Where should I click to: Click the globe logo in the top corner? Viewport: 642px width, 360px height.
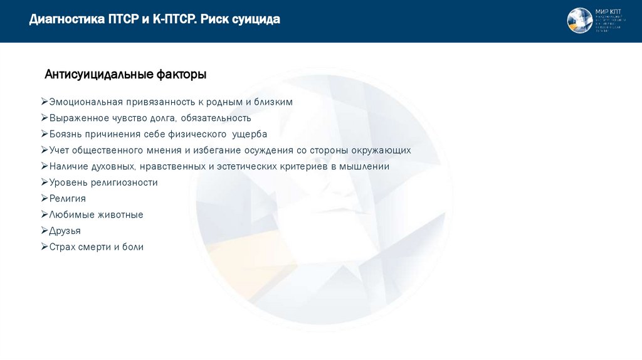coord(579,21)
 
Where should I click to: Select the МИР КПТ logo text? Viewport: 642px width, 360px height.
coord(609,12)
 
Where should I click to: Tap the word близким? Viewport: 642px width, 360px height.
coord(273,102)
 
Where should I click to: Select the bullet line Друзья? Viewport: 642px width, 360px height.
coord(65,231)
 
